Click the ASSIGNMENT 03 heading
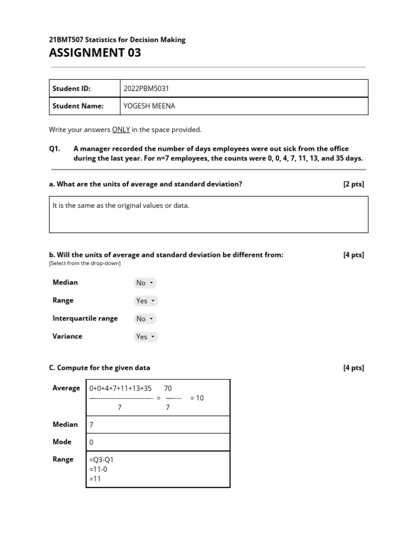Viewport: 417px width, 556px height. tap(95, 53)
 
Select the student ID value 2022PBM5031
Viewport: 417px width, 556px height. tap(147, 89)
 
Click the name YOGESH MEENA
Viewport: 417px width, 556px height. tap(149, 106)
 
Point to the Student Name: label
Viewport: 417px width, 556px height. tap(78, 106)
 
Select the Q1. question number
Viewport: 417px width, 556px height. tap(55, 148)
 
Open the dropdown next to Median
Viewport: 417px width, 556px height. tap(145, 283)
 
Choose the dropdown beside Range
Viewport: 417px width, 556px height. tap(146, 301)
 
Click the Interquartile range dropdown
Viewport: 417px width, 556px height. tap(145, 319)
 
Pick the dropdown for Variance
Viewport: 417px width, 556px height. tap(146, 337)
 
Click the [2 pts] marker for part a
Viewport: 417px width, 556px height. tap(353, 184)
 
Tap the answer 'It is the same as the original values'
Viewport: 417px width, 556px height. tap(121, 206)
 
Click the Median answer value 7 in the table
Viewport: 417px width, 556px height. tap(91, 425)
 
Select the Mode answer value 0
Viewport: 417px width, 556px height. tap(91, 443)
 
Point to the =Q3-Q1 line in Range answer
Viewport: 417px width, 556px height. tap(101, 460)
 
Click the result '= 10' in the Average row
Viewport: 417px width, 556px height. tap(197, 398)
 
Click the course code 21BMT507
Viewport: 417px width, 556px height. tap(67, 40)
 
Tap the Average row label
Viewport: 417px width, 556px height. tap(66, 388)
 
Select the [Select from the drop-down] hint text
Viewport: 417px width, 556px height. tap(85, 263)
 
